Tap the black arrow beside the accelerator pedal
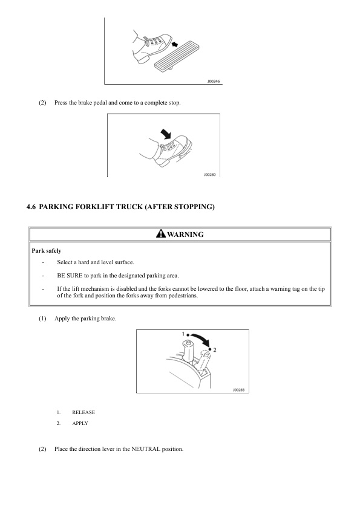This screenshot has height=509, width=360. (175, 44)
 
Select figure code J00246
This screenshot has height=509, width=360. (214, 81)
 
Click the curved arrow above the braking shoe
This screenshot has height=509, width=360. (166, 133)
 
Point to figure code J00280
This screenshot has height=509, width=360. (209, 175)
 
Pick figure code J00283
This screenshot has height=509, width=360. (238, 390)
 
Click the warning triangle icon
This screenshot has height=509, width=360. (160, 233)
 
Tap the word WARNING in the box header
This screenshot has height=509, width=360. (185, 235)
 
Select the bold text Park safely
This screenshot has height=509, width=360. (46, 251)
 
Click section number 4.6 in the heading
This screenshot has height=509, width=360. (31, 207)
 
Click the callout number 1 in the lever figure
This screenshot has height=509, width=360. (183, 334)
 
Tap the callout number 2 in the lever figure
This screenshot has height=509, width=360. (215, 350)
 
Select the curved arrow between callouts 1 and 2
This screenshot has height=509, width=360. (200, 339)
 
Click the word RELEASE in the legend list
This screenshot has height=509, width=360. (83, 412)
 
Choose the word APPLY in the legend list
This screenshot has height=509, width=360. (80, 423)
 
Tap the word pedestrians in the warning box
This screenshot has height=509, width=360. (183, 296)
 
